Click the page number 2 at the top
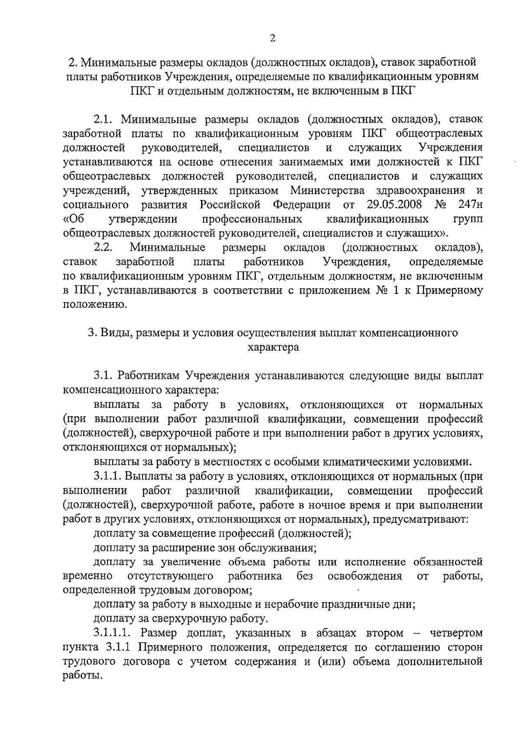pos(273,39)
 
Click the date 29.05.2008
pos(396,204)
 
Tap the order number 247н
pos(470,204)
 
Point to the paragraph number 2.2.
pos(103,248)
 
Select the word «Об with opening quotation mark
pos(73,219)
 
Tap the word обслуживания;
pos(276,547)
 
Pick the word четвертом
pos(455,633)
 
